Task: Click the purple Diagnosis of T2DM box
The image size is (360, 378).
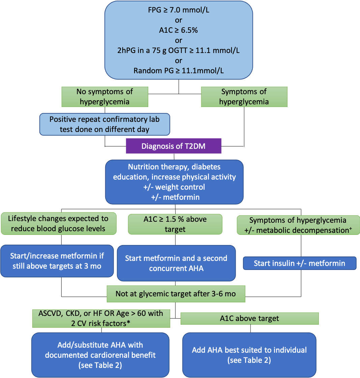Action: pyautogui.click(x=173, y=146)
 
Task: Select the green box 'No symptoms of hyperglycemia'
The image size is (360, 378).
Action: pyautogui.click(x=105, y=97)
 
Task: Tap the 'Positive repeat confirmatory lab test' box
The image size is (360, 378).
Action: pyautogui.click(x=104, y=124)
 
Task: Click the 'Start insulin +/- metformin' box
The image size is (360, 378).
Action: pyautogui.click(x=299, y=263)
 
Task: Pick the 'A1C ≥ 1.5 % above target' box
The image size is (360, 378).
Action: pyautogui.click(x=175, y=224)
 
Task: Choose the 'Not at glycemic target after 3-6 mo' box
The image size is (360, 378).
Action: pyautogui.click(x=176, y=294)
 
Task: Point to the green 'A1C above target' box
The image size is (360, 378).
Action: pyautogui.click(x=249, y=318)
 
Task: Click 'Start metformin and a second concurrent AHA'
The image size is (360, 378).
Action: pyautogui.click(x=176, y=263)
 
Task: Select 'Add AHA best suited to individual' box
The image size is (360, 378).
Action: pyautogui.click(x=249, y=355)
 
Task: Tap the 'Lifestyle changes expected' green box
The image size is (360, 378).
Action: pyautogui.click(x=59, y=223)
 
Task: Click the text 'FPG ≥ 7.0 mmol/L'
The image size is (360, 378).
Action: pyautogui.click(x=178, y=10)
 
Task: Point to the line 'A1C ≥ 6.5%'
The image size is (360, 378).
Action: pyautogui.click(x=179, y=30)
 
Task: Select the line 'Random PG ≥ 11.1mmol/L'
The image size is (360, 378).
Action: pyautogui.click(x=179, y=71)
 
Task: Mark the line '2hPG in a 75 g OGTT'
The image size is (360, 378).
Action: pyautogui.click(x=179, y=51)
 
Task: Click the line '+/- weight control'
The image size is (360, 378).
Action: pyautogui.click(x=174, y=187)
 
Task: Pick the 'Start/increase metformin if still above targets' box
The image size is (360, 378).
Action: pyautogui.click(x=57, y=261)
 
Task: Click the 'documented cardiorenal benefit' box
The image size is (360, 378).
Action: pyautogui.click(x=100, y=355)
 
